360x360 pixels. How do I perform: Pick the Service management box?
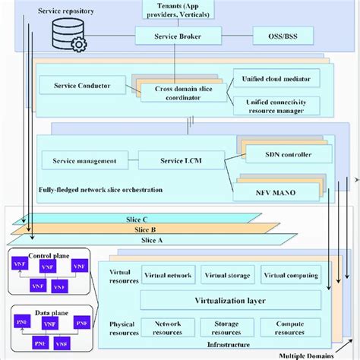(84, 160)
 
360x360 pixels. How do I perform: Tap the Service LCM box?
(182, 160)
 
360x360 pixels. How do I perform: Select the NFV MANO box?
(285, 191)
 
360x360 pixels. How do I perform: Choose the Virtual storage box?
(227, 274)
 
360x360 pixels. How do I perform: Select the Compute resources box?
(291, 327)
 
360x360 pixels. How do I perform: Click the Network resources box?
(168, 327)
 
